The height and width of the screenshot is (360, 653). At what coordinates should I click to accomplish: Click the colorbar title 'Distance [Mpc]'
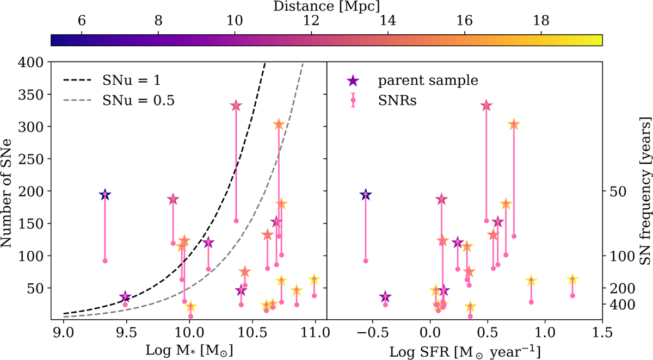point(326,7)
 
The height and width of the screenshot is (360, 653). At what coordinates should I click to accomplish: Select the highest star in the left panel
point(236,105)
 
